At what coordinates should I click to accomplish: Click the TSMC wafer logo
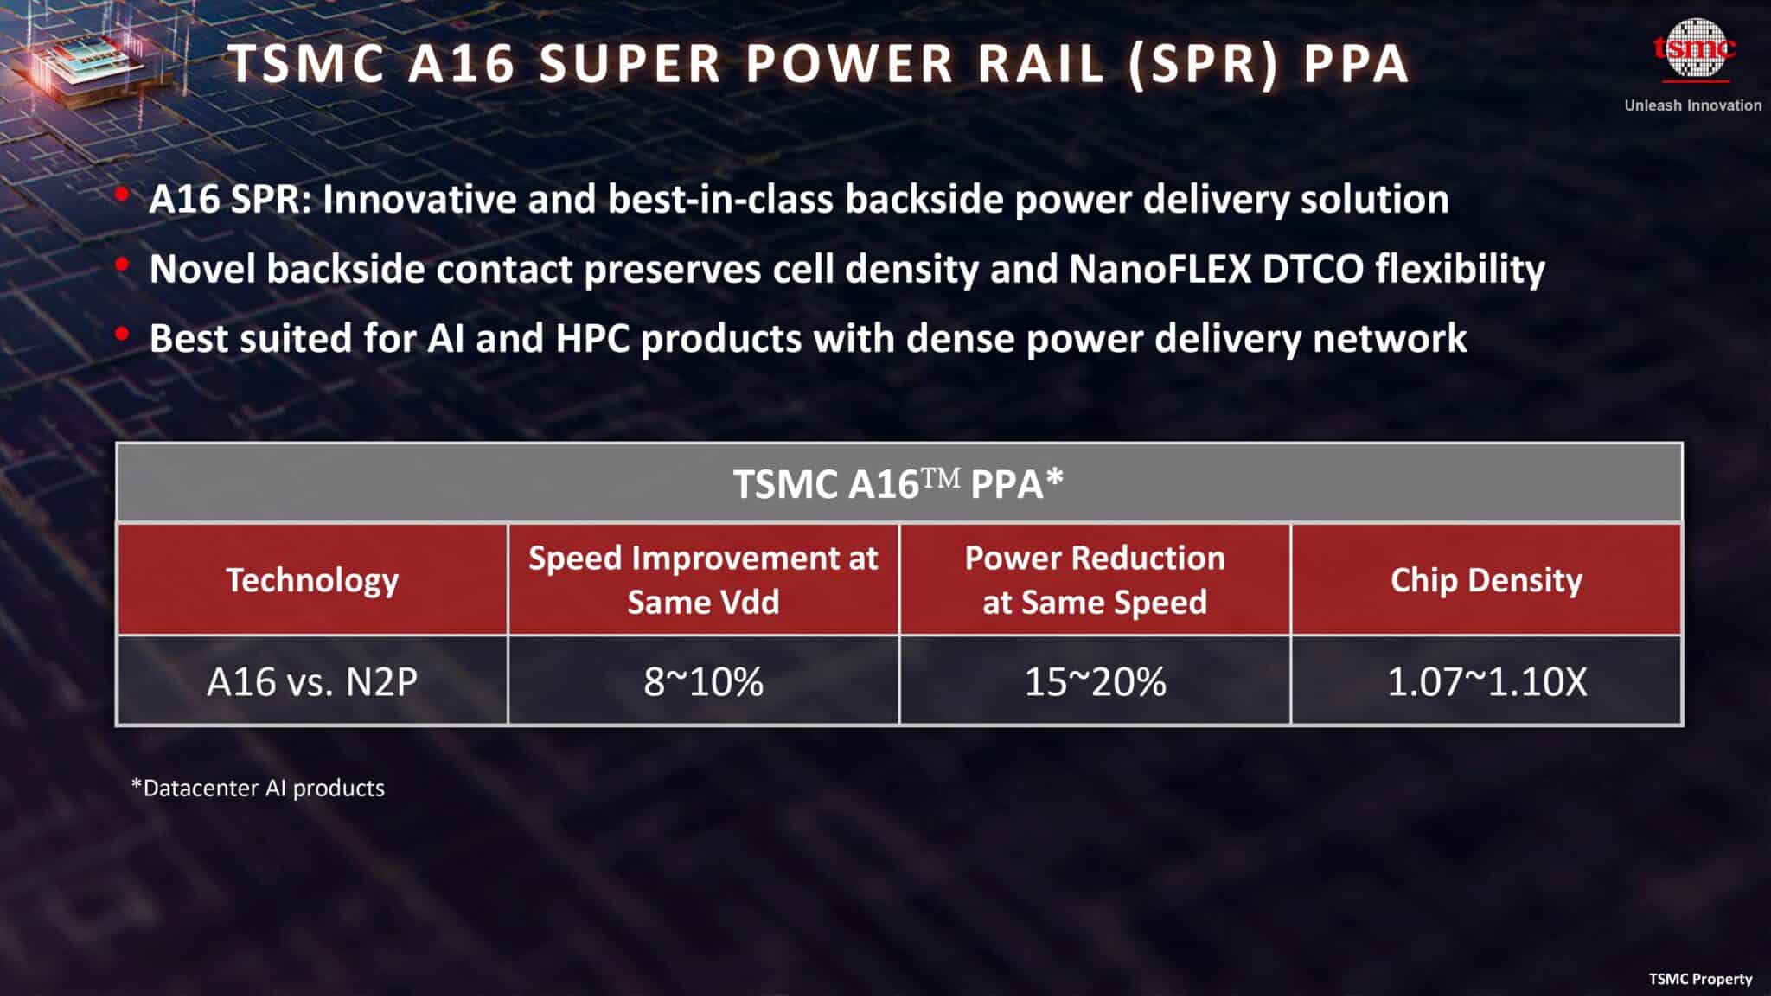point(1693,48)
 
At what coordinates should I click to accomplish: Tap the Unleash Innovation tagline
point(1692,105)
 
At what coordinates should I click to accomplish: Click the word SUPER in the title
point(630,64)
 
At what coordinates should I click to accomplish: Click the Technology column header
point(312,579)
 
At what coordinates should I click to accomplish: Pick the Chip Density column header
point(1486,579)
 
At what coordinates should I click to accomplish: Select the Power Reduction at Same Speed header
point(1095,579)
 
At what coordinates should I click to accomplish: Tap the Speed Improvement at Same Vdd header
point(703,579)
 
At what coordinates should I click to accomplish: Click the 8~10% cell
point(703,681)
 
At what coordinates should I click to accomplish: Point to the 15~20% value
point(1095,681)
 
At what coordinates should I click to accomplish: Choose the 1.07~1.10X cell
point(1486,681)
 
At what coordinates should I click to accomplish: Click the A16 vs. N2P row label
point(312,681)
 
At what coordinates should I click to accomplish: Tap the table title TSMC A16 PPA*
point(898,483)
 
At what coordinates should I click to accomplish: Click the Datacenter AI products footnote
point(258,788)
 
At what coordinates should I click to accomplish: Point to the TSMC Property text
point(1699,979)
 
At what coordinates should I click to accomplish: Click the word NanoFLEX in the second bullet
point(1160,269)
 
